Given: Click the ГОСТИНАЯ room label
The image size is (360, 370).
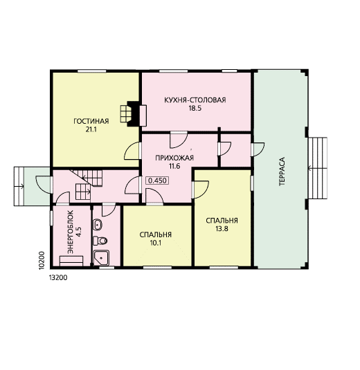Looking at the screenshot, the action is tap(91, 121).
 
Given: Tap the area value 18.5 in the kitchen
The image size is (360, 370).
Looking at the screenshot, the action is tap(195, 109).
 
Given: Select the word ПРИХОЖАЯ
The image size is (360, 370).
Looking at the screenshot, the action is tap(174, 158).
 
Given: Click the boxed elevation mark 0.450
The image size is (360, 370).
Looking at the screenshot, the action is tap(157, 181).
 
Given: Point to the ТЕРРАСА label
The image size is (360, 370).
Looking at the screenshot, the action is tap(282, 172).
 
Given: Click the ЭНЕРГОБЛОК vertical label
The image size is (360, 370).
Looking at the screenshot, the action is tap(71, 232).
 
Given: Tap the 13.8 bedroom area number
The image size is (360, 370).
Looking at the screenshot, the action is tap(222, 229).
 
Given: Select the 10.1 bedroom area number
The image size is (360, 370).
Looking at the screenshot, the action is tap(156, 243).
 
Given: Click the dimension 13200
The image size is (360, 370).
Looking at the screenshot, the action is tap(58, 277).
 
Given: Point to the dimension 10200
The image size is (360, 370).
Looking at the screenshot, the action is tap(42, 260).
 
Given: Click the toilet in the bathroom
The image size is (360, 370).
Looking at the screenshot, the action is tap(100, 241).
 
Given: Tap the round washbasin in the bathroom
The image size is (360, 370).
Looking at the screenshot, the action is tap(98, 225).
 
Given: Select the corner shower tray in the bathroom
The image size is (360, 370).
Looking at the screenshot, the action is tap(101, 258).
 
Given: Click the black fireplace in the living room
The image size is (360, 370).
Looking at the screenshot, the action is tap(133, 113).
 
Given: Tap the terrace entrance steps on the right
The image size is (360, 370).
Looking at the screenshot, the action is tap(318, 168).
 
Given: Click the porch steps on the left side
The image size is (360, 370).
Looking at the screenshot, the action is tap(19, 187).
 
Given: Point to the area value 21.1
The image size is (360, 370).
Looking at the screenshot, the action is tap(91, 129).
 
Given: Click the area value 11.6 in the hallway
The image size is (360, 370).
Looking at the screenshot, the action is tap(174, 166).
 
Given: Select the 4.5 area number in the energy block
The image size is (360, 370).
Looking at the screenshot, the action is tap(79, 232).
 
